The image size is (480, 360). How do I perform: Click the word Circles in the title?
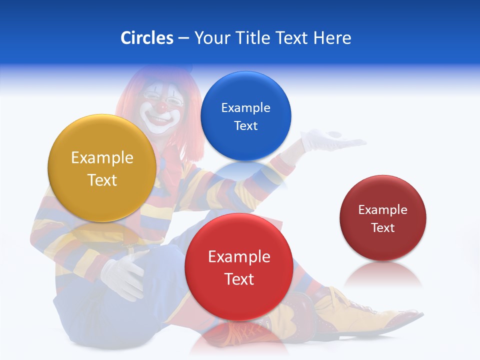click(x=147, y=38)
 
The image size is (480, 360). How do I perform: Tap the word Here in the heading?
click(x=332, y=38)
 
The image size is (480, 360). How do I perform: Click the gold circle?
click(x=102, y=168)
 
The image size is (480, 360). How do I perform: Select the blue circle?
click(x=245, y=116)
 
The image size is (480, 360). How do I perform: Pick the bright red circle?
click(x=239, y=267)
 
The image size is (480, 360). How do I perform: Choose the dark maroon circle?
click(x=383, y=218)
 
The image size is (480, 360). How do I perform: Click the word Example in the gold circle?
click(x=102, y=158)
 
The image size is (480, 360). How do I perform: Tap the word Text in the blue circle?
click(x=245, y=126)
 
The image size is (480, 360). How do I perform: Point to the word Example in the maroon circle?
click(x=383, y=210)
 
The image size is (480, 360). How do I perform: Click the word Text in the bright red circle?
click(x=239, y=279)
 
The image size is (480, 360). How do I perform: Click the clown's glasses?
click(x=162, y=97)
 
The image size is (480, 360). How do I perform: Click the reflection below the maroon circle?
click(x=383, y=275)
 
